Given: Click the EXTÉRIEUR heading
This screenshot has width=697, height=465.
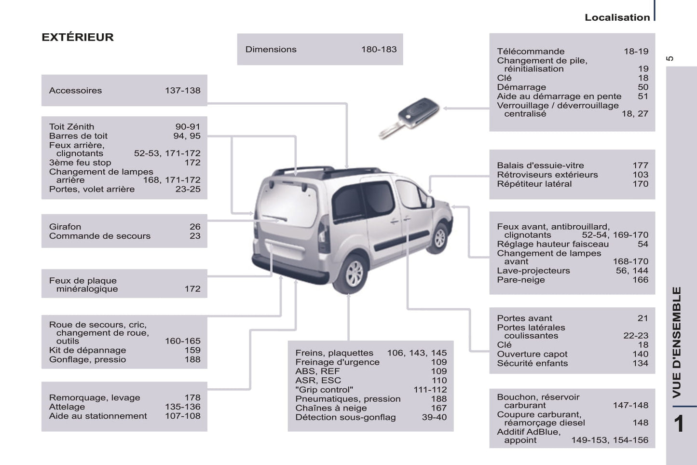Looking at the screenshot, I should click(78, 37).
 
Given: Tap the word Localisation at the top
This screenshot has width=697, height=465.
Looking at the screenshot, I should click(617, 17).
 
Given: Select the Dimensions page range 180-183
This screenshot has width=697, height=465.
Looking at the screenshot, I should click(379, 49).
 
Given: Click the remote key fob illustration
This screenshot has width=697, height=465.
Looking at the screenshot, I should click(410, 116).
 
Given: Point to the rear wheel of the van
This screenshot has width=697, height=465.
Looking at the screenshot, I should click(355, 273).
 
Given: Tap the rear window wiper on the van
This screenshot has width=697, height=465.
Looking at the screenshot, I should click(275, 218).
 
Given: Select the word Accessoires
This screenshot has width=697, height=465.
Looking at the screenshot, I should click(75, 90).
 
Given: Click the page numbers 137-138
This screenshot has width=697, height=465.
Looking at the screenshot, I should click(182, 90).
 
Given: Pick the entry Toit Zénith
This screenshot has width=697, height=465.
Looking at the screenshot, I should click(71, 127).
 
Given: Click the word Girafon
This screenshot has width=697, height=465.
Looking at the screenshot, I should click(65, 227).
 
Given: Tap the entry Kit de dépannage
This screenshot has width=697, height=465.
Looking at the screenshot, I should click(87, 350).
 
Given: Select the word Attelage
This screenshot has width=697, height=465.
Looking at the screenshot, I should click(67, 407).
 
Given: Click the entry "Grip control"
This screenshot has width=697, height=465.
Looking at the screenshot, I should click(324, 390).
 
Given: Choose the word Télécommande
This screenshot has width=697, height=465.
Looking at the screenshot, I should click(531, 51).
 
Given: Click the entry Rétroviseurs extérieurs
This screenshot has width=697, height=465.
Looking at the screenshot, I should click(547, 175).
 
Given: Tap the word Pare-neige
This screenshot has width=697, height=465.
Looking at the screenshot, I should click(521, 280).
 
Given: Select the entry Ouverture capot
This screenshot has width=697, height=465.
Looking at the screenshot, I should click(532, 354).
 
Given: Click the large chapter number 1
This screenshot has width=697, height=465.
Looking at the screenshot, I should click(679, 423).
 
